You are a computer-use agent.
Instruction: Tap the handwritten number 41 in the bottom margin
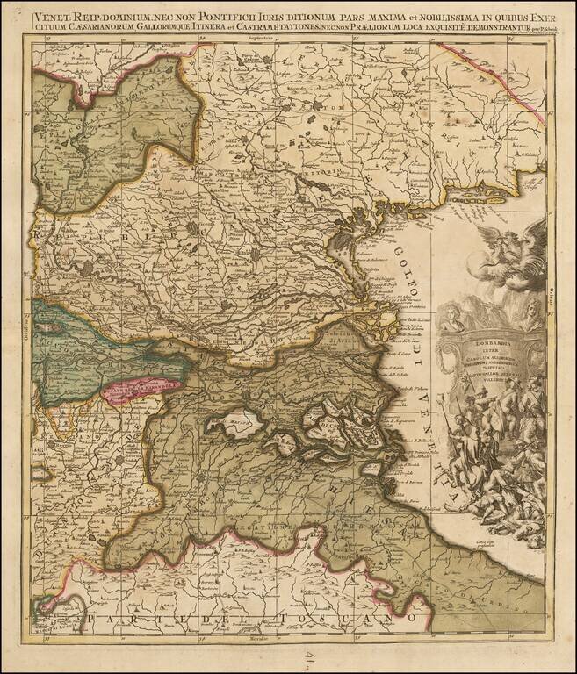pyautogui.click(x=289, y=656)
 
